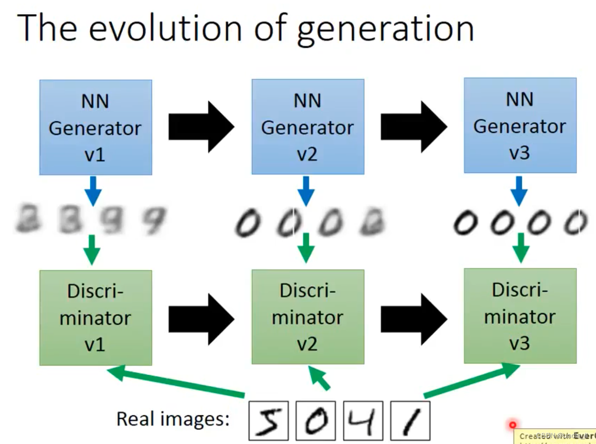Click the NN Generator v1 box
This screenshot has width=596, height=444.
[x=95, y=127]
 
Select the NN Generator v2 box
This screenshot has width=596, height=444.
[x=307, y=127]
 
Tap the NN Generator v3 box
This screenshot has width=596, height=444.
[x=520, y=126]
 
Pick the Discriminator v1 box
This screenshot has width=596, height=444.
[x=95, y=317]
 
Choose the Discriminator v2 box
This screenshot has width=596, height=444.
[x=307, y=316]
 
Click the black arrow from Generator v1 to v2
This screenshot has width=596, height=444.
[x=201, y=127]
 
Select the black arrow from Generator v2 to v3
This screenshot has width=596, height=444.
[x=414, y=127]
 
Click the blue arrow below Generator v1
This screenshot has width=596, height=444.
[x=93, y=190]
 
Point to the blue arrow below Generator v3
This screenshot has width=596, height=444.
[x=520, y=190]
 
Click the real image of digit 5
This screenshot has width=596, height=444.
[x=268, y=421]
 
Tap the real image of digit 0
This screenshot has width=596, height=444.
[x=315, y=421]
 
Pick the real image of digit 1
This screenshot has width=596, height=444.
[x=410, y=421]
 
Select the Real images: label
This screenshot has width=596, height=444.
[x=173, y=419]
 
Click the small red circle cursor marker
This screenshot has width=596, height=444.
[x=512, y=424]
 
